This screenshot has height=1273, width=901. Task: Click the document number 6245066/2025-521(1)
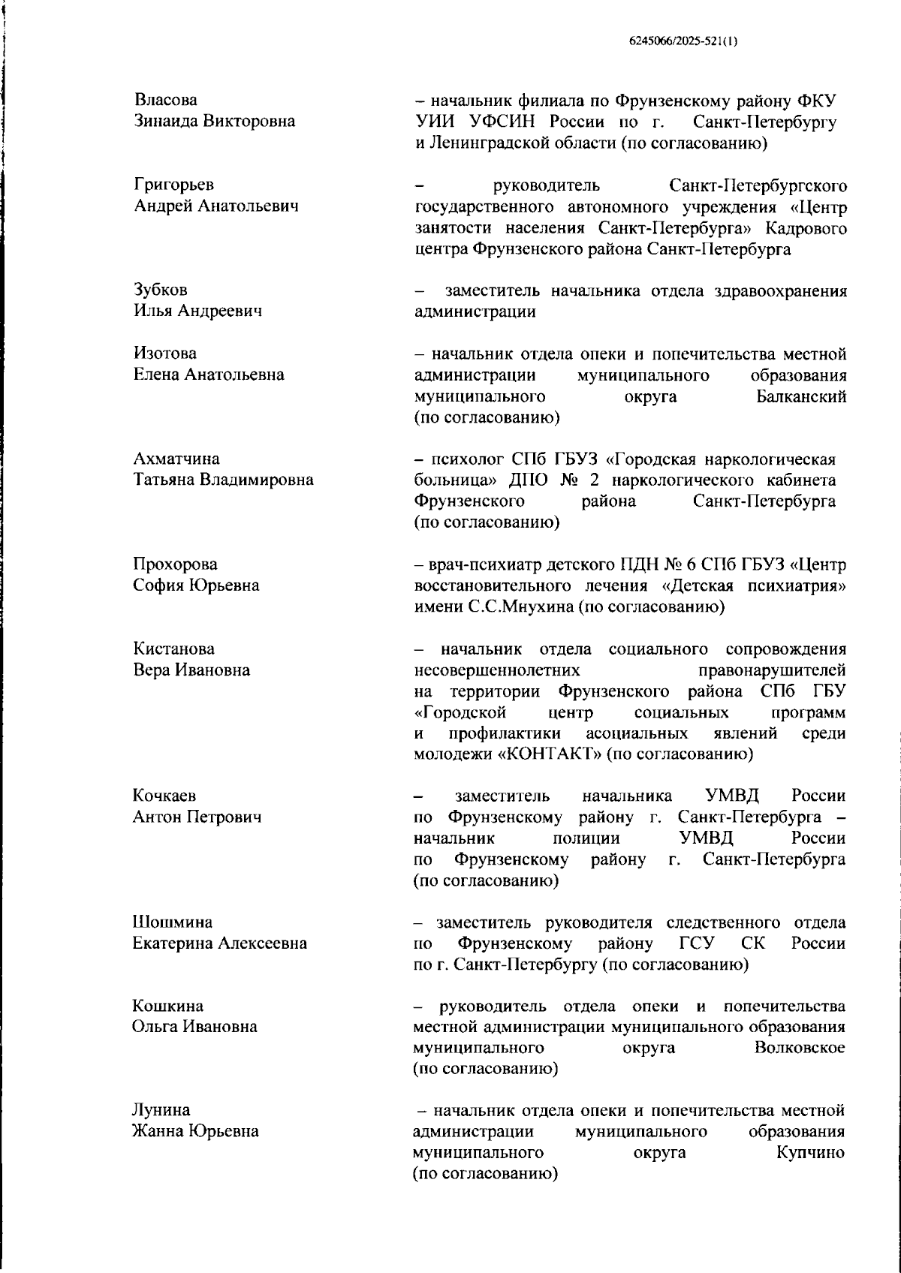pos(683,42)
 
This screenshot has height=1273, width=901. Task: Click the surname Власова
pos(166,100)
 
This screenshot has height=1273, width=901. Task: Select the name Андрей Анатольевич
pos(215,206)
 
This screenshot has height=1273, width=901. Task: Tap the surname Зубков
pos(161,290)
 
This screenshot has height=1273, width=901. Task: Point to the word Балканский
pos(801,396)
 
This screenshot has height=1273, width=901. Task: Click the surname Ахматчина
pos(176,459)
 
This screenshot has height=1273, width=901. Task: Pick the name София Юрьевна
pos(196,585)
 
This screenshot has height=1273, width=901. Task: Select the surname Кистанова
pos(173,649)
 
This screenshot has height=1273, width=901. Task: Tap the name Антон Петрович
pos(197,817)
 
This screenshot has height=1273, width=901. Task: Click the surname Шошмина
pos(172,922)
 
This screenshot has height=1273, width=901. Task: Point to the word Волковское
pos(800,1047)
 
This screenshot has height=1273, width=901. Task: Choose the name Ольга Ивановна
pos(194,1026)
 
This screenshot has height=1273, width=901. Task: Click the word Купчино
pos(810,1152)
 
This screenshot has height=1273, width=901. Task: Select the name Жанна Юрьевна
pos(195,1131)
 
